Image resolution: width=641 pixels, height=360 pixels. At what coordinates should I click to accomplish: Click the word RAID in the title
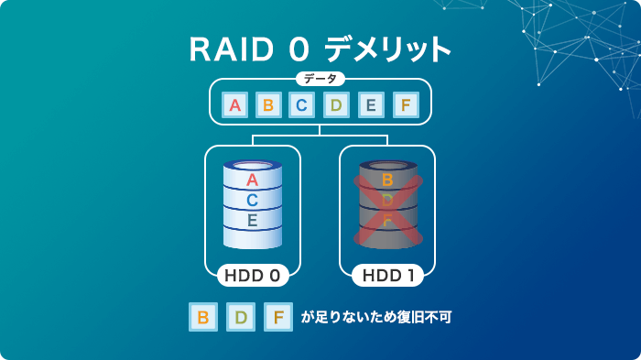coord(233,49)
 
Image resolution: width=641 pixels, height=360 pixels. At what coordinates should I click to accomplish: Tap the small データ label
coord(320,79)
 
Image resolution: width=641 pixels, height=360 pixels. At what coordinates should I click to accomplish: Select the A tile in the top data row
coord(235,105)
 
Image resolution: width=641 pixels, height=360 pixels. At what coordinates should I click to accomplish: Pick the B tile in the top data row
coord(268,105)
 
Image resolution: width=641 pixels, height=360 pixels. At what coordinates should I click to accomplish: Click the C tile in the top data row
coord(301,105)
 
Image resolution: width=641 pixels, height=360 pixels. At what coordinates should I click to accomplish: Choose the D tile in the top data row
coord(336,105)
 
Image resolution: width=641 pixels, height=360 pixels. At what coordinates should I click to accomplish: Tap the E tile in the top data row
coord(370,105)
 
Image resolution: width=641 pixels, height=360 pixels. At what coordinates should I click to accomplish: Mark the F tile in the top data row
coord(404,105)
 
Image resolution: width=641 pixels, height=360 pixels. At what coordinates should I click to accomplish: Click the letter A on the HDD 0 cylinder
coord(253,180)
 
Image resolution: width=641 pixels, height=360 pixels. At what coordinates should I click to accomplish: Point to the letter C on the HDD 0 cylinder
coord(253,200)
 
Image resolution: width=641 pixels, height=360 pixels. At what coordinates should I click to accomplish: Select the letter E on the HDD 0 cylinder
coord(253,220)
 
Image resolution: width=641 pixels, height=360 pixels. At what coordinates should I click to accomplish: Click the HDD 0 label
coord(253,274)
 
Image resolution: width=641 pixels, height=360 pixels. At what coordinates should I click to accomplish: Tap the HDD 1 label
coord(387,274)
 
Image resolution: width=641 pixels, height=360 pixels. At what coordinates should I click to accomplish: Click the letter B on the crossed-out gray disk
coord(387,180)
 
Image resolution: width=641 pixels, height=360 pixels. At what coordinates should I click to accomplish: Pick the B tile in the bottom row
coord(202,318)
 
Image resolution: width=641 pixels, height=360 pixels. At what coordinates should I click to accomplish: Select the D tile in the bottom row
coord(241,318)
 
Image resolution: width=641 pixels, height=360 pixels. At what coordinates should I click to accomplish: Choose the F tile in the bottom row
coord(278,318)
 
